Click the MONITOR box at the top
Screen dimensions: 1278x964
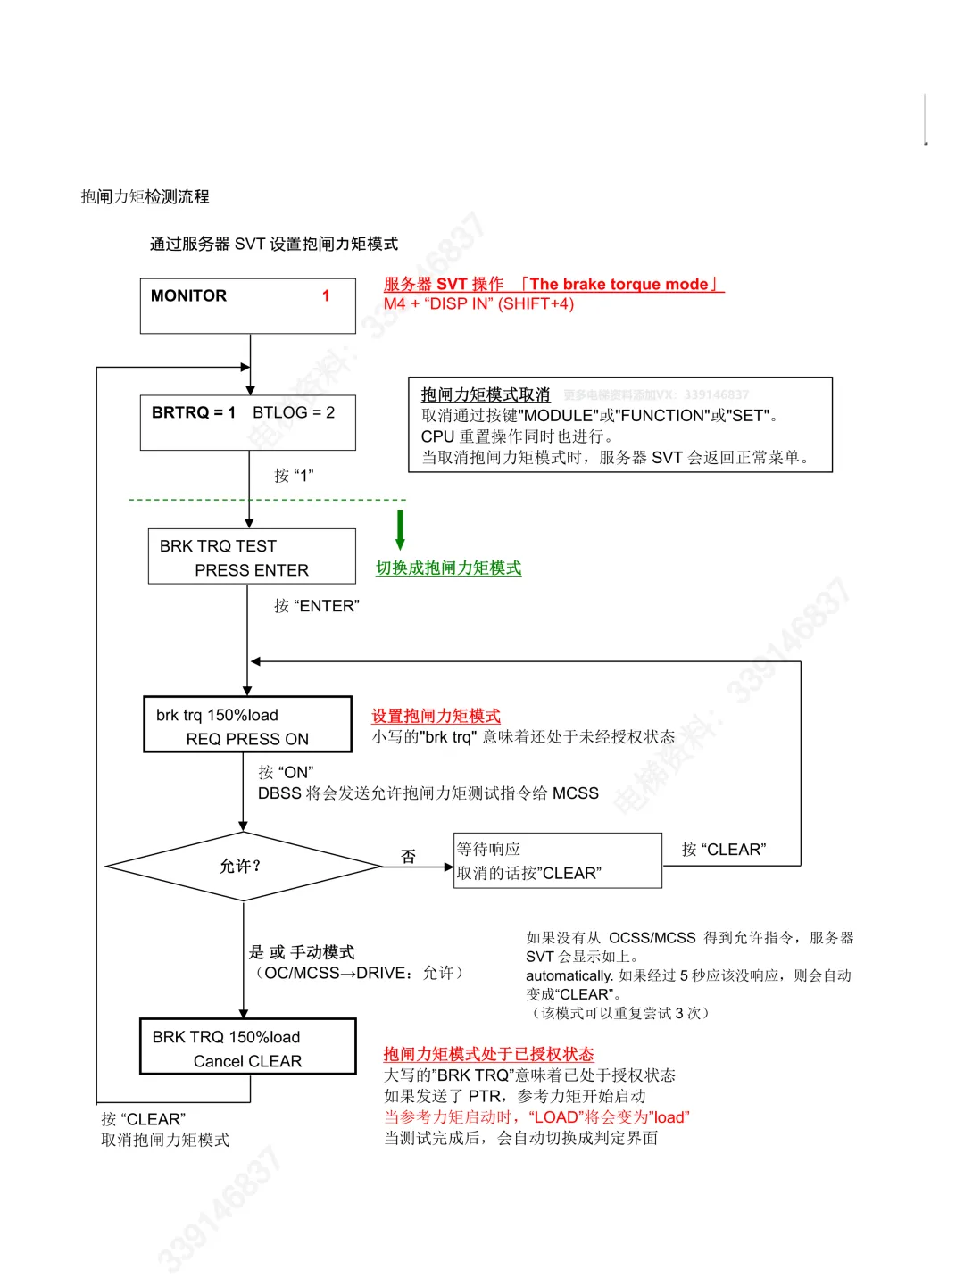(247, 306)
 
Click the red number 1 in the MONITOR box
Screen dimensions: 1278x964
(326, 295)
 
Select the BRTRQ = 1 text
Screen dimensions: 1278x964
(194, 412)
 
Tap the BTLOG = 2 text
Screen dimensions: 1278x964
(294, 412)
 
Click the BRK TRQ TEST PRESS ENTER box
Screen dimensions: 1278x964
(251, 557)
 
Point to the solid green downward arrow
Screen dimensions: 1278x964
(400, 529)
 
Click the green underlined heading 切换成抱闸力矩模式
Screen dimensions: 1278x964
(448, 568)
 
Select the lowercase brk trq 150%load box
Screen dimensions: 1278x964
(247, 726)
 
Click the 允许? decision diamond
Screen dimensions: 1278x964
(242, 866)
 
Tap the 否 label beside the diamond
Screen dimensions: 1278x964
(408, 857)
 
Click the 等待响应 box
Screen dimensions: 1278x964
(557, 860)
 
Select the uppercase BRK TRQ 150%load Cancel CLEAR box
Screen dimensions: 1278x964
(247, 1047)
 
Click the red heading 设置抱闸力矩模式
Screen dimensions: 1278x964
(436, 716)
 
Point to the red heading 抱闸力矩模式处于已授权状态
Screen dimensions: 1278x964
(488, 1054)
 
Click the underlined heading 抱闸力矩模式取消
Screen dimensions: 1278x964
(486, 394)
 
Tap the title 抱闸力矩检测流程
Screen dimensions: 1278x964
(145, 196)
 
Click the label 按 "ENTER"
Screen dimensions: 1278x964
(316, 606)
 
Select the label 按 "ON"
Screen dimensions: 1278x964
(286, 772)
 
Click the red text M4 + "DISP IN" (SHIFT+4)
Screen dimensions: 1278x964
(478, 304)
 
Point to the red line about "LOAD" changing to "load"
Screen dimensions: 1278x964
(536, 1117)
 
